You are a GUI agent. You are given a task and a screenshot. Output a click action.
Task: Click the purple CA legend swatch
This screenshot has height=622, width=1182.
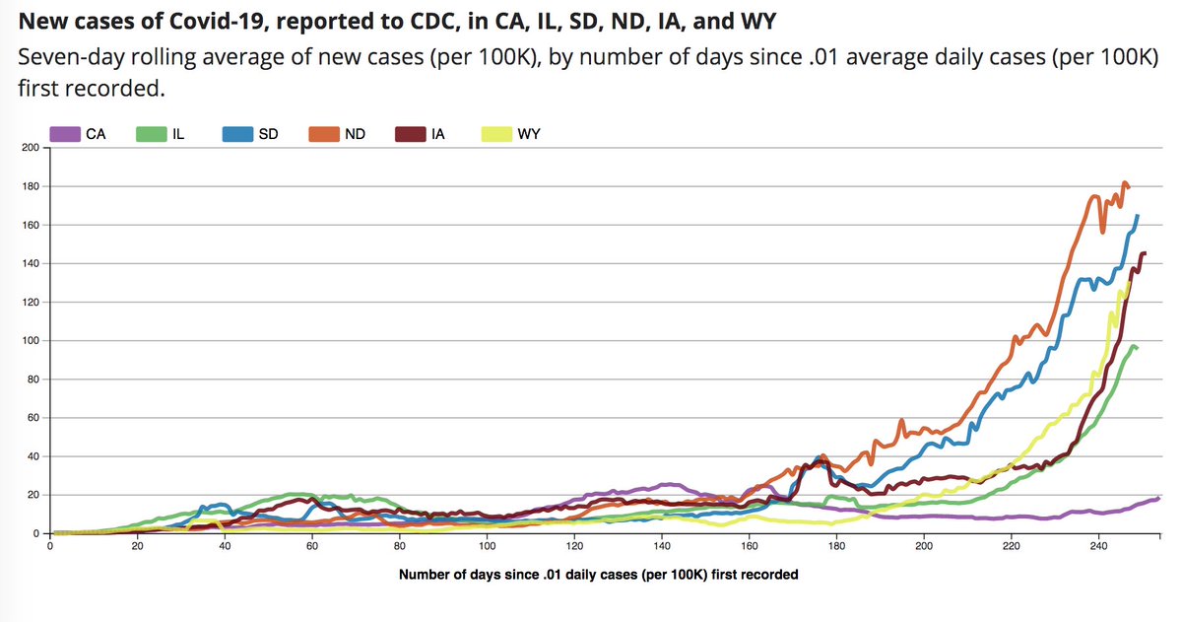[64, 134]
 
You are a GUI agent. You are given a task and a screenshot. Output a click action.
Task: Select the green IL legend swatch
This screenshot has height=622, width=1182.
[149, 134]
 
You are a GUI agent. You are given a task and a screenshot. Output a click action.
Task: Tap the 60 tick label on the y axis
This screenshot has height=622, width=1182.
[31, 418]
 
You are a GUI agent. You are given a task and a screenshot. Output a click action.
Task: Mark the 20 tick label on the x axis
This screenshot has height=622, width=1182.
[137, 547]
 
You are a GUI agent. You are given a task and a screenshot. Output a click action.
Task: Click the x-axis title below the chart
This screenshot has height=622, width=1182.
[598, 575]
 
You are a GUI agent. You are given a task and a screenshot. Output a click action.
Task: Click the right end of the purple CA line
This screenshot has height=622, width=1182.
[1158, 498]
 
